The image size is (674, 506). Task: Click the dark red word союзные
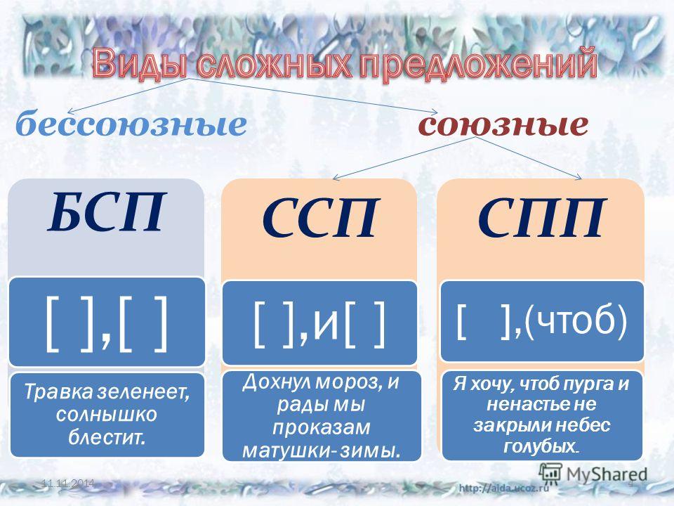[503, 125]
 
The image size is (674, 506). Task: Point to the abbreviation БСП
[106, 212]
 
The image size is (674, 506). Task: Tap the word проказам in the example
[321, 427]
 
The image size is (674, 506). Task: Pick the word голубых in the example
[539, 446]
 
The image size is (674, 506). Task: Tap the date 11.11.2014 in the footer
[68, 484]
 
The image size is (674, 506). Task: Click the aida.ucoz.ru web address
[504, 488]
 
